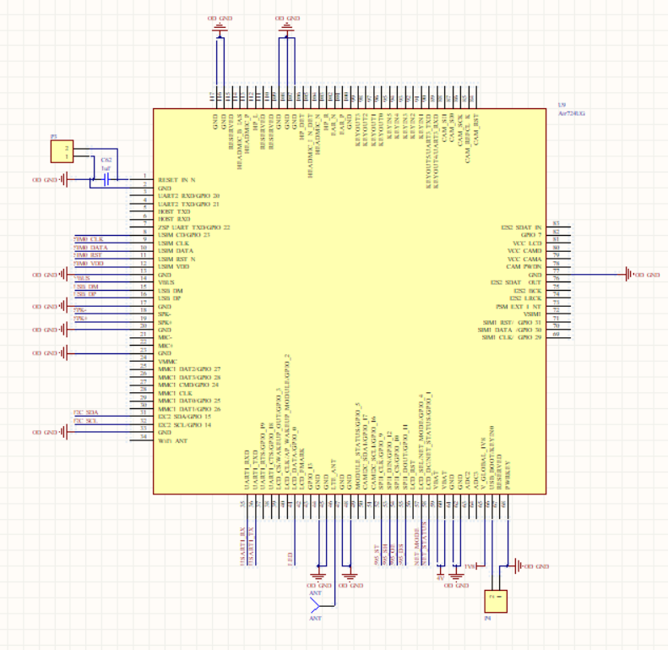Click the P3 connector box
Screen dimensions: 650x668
62,152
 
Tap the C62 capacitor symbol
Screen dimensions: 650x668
106,179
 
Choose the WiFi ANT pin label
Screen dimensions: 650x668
174,440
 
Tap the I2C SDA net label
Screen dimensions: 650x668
85,412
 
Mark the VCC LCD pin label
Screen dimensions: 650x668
524,243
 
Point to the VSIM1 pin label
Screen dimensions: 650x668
532,314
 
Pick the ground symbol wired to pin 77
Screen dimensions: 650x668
628,275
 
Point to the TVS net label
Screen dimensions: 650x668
470,565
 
